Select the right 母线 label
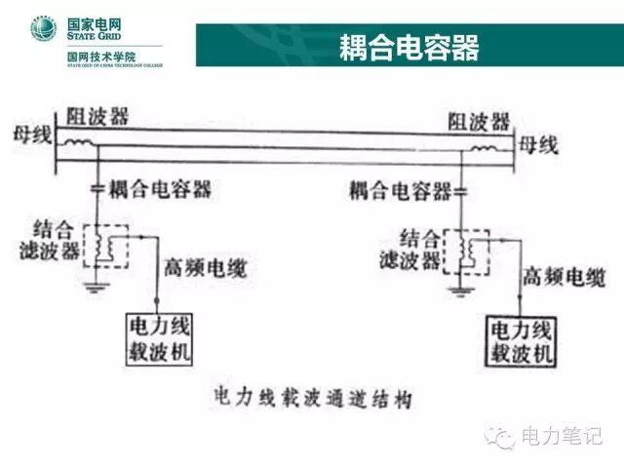538,146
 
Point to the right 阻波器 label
478,122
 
